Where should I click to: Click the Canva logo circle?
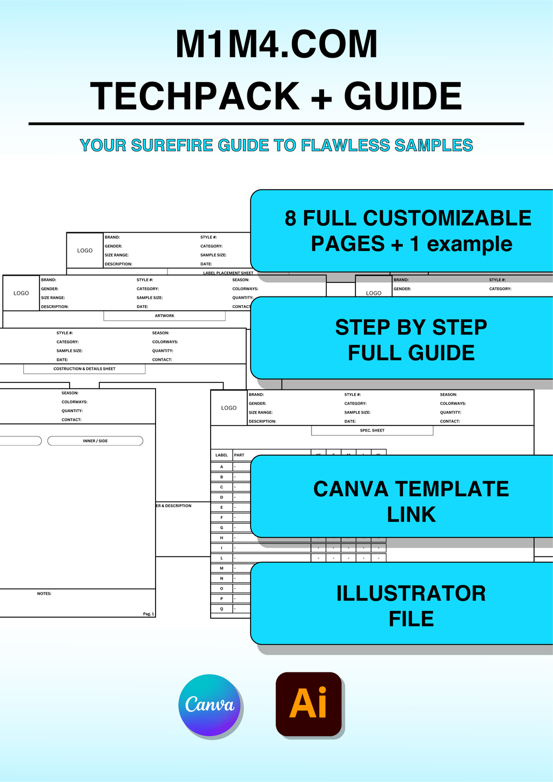point(210,705)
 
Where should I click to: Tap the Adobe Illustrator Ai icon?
point(309,704)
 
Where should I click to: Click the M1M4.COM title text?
point(276,45)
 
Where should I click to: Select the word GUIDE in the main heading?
point(402,97)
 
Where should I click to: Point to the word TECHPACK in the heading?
point(195,97)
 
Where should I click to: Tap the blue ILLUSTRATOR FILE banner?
point(410,605)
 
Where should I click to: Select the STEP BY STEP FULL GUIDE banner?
point(410,340)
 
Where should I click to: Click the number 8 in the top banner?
point(291,219)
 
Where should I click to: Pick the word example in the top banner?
point(469,244)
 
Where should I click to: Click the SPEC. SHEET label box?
point(372,430)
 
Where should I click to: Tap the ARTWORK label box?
point(164,316)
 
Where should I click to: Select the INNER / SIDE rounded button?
point(95,441)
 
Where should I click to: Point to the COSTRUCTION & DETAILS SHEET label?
point(84,369)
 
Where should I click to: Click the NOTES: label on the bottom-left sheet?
point(44,594)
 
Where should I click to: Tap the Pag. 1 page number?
point(149,614)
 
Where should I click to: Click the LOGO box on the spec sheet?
point(229,408)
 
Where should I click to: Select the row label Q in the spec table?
point(221,609)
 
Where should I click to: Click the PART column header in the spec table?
point(239,455)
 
